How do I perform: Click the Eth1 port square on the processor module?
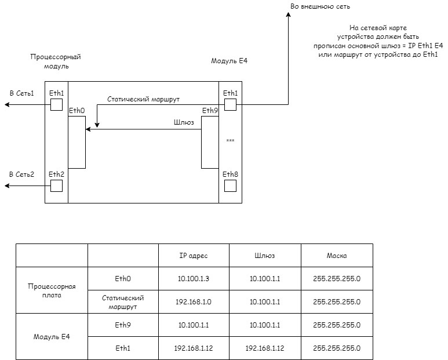(x=56, y=105)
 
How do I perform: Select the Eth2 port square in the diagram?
(x=56, y=186)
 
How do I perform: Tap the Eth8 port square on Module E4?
(x=230, y=186)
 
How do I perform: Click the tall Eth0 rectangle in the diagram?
(x=77, y=142)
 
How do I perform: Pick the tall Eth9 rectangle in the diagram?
(x=209, y=142)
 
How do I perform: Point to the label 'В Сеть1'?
(x=21, y=93)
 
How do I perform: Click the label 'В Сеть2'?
(x=21, y=174)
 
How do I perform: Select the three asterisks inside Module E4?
(x=230, y=141)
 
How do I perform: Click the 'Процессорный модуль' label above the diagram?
(x=55, y=61)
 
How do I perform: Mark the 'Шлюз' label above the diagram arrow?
(x=184, y=122)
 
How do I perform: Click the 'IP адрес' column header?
(x=194, y=256)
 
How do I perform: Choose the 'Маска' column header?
(x=337, y=256)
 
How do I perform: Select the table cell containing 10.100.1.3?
(x=194, y=279)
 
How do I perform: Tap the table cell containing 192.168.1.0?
(x=194, y=302)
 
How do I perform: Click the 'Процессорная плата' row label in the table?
(x=51, y=290)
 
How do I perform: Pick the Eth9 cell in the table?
(x=123, y=325)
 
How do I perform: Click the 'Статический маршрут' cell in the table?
(x=123, y=302)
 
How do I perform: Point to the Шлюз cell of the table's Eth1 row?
(x=265, y=348)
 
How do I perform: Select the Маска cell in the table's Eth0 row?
(x=337, y=279)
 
